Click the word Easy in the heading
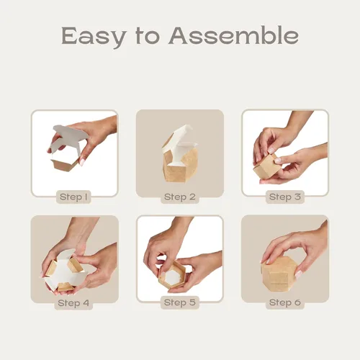[x=93, y=37]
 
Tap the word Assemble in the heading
[x=233, y=35]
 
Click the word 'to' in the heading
[x=148, y=36]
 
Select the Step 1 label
[x=73, y=197]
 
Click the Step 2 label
[x=180, y=197]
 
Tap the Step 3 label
[x=285, y=197]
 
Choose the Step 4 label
[x=73, y=303]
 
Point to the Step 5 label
[x=180, y=302]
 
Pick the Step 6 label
[x=285, y=302]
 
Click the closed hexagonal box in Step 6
[x=279, y=274]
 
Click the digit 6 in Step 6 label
[x=297, y=302]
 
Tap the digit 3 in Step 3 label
[x=297, y=197]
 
